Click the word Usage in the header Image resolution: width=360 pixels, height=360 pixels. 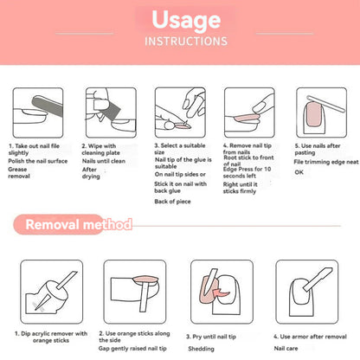tap(186, 20)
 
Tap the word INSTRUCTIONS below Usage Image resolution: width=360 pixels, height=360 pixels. tap(186, 42)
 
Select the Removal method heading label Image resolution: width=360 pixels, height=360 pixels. tap(79, 224)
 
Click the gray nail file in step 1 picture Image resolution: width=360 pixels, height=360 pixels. tap(48, 106)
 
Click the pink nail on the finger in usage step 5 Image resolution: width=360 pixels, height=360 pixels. tap(314, 115)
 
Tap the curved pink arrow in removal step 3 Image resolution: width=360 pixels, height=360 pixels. tap(221, 293)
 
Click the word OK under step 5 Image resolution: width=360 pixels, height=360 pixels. tap(299, 172)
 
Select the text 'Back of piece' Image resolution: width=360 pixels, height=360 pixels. tap(172, 202)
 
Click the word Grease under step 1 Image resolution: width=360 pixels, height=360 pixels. tap(17, 170)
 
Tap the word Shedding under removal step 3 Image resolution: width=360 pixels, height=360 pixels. tap(201, 349)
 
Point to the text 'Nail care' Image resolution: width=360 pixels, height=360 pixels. tap(286, 349)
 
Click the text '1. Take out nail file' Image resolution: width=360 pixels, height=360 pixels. tap(34, 146)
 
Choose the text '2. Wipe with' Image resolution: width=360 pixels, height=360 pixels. tap(99, 146)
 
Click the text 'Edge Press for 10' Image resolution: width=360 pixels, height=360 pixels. tap(247, 169)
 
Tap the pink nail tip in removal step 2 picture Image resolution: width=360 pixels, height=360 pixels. tap(145, 280)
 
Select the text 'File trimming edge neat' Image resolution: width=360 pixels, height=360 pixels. tap(326, 162)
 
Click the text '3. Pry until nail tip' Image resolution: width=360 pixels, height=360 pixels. tap(211, 337)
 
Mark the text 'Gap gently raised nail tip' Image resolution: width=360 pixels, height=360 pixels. tap(132, 349)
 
